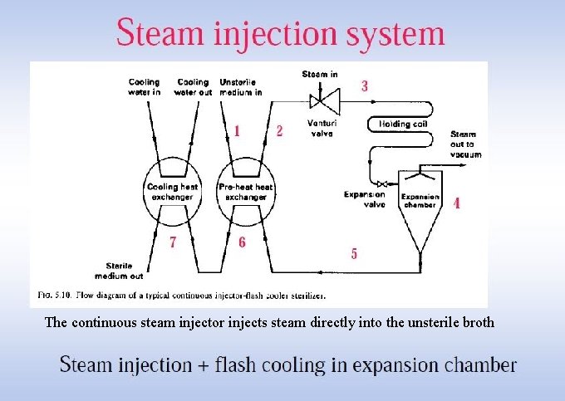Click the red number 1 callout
click(238, 130)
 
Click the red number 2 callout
click(279, 130)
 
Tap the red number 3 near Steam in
click(364, 86)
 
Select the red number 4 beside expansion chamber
click(456, 203)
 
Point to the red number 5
click(354, 254)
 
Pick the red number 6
click(242, 242)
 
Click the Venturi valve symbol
click(319, 101)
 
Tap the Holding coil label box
click(402, 124)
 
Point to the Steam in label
click(320, 75)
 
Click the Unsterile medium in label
click(241, 86)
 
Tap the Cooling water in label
click(145, 86)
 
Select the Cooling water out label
click(193, 86)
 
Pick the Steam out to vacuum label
click(465, 144)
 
